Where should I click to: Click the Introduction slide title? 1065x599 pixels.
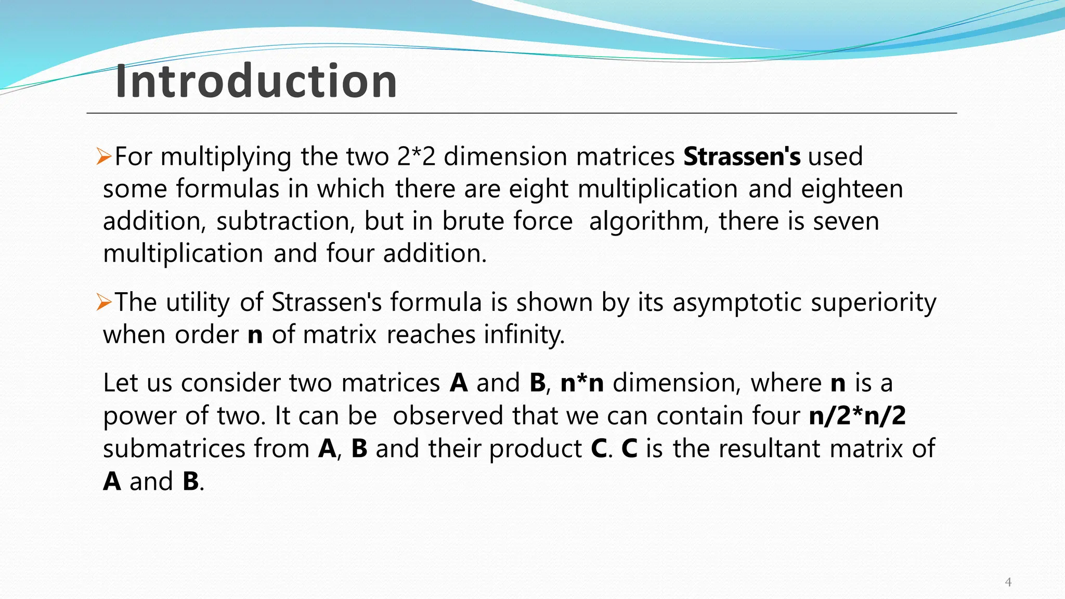(256, 81)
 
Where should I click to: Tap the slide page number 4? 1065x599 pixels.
(1008, 582)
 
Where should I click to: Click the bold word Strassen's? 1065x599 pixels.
(742, 157)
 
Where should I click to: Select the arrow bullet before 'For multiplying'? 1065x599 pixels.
(104, 157)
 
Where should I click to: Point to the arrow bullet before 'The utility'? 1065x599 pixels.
(104, 302)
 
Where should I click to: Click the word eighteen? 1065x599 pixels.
(852, 189)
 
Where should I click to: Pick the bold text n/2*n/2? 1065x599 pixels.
(858, 415)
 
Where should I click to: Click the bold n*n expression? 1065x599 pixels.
(582, 383)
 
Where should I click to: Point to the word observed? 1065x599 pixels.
(448, 415)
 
